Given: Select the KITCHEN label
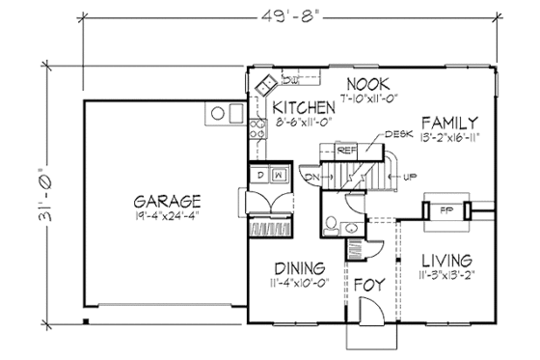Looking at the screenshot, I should (303, 106).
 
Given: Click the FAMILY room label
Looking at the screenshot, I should (447, 123).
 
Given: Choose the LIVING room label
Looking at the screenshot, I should (445, 261).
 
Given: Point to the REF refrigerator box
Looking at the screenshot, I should (347, 151).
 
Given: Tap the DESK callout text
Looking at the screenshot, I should (393, 135).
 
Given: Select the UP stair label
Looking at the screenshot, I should (412, 177).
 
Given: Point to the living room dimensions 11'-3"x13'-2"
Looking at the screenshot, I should (445, 276).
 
